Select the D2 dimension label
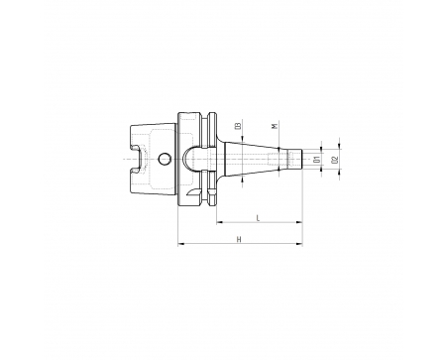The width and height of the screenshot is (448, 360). click(x=336, y=160)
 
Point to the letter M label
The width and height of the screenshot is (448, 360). click(x=274, y=126)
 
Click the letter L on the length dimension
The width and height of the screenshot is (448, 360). click(x=259, y=218)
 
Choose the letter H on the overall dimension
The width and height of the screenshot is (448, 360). click(x=239, y=239)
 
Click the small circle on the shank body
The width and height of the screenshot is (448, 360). click(x=165, y=159)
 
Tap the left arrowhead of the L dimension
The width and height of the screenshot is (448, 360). click(x=220, y=222)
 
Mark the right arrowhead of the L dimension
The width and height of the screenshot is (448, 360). click(x=299, y=222)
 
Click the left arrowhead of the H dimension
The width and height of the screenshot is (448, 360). click(x=181, y=244)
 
